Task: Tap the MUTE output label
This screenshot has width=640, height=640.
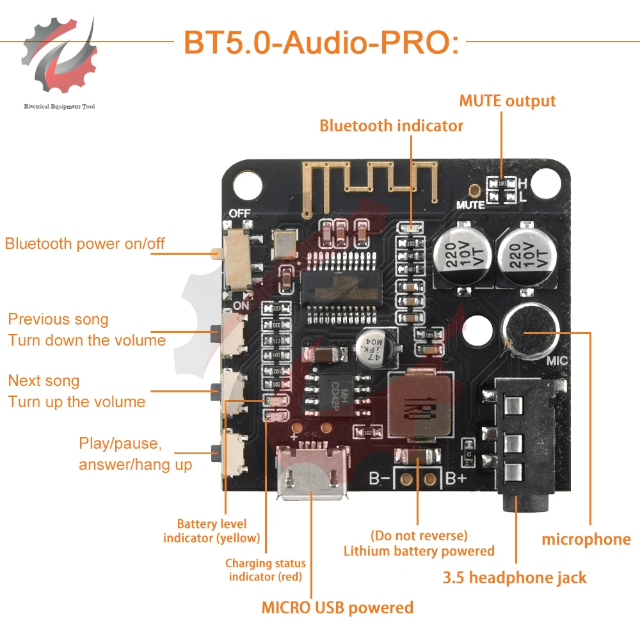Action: [507, 101]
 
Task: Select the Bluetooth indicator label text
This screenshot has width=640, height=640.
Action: [391, 125]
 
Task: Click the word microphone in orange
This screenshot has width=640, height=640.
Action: [586, 540]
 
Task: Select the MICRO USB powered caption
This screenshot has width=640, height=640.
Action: [337, 607]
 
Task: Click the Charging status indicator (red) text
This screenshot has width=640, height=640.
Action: [265, 570]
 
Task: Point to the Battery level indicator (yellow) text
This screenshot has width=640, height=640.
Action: [211, 531]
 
